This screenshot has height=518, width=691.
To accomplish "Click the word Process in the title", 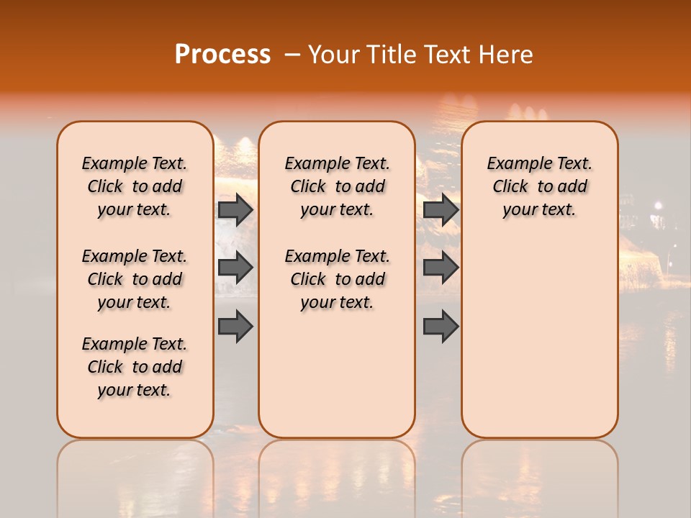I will point(222,54).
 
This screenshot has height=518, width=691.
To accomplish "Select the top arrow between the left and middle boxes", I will point(235,209).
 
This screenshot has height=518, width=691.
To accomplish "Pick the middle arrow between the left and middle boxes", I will point(235,268).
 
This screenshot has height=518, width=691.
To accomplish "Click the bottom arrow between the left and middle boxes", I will point(235,326).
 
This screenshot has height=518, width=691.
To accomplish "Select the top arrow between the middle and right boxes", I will point(441,209).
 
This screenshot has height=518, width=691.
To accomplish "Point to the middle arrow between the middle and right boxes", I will point(441,268).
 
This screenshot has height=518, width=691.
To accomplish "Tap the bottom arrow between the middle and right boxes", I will point(441,326).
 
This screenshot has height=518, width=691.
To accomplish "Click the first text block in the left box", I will point(135,186).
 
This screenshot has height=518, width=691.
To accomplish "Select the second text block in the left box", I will point(135,279).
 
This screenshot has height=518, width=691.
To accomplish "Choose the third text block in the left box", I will point(135,367).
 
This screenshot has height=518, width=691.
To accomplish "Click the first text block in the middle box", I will point(337,186).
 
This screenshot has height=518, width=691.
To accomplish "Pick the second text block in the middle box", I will point(337,279).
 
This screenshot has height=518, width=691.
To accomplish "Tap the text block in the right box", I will point(539,186).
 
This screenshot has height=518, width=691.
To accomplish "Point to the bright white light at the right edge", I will point(656,206).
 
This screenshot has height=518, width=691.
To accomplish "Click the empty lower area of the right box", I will point(539,338).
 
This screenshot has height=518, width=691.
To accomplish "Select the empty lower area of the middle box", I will point(337,374).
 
